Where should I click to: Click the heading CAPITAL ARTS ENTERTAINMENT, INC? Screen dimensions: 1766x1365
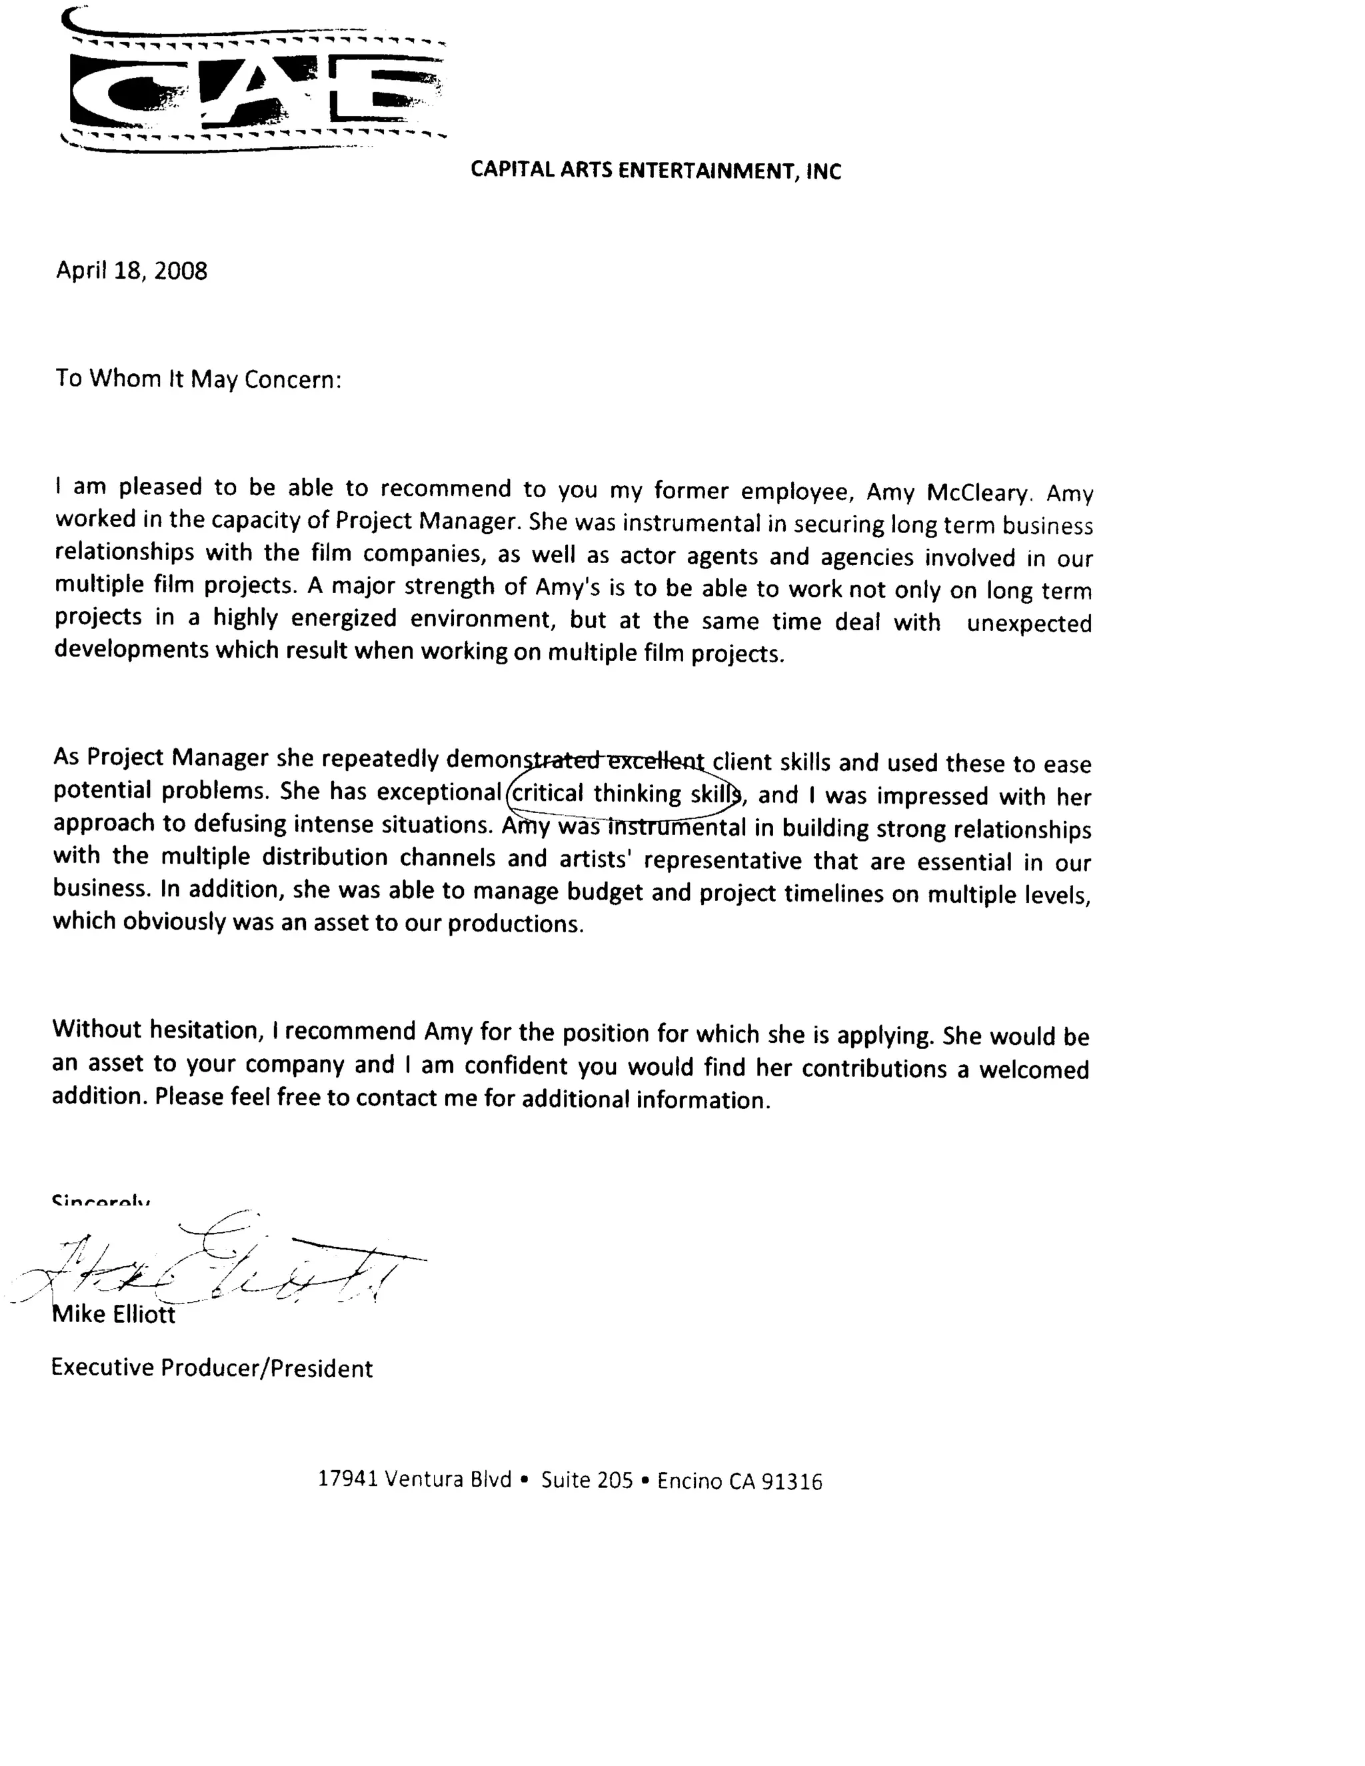coord(656,171)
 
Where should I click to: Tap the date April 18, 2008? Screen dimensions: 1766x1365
coord(131,271)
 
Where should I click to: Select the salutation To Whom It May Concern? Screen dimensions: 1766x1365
coord(198,379)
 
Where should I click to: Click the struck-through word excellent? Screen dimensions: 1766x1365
coord(655,760)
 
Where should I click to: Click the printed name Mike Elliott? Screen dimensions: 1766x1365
coord(114,1314)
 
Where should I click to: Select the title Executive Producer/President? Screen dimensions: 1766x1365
coord(212,1368)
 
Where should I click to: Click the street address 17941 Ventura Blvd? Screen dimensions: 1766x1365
coord(415,1479)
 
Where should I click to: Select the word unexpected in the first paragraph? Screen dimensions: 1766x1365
coord(1028,624)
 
